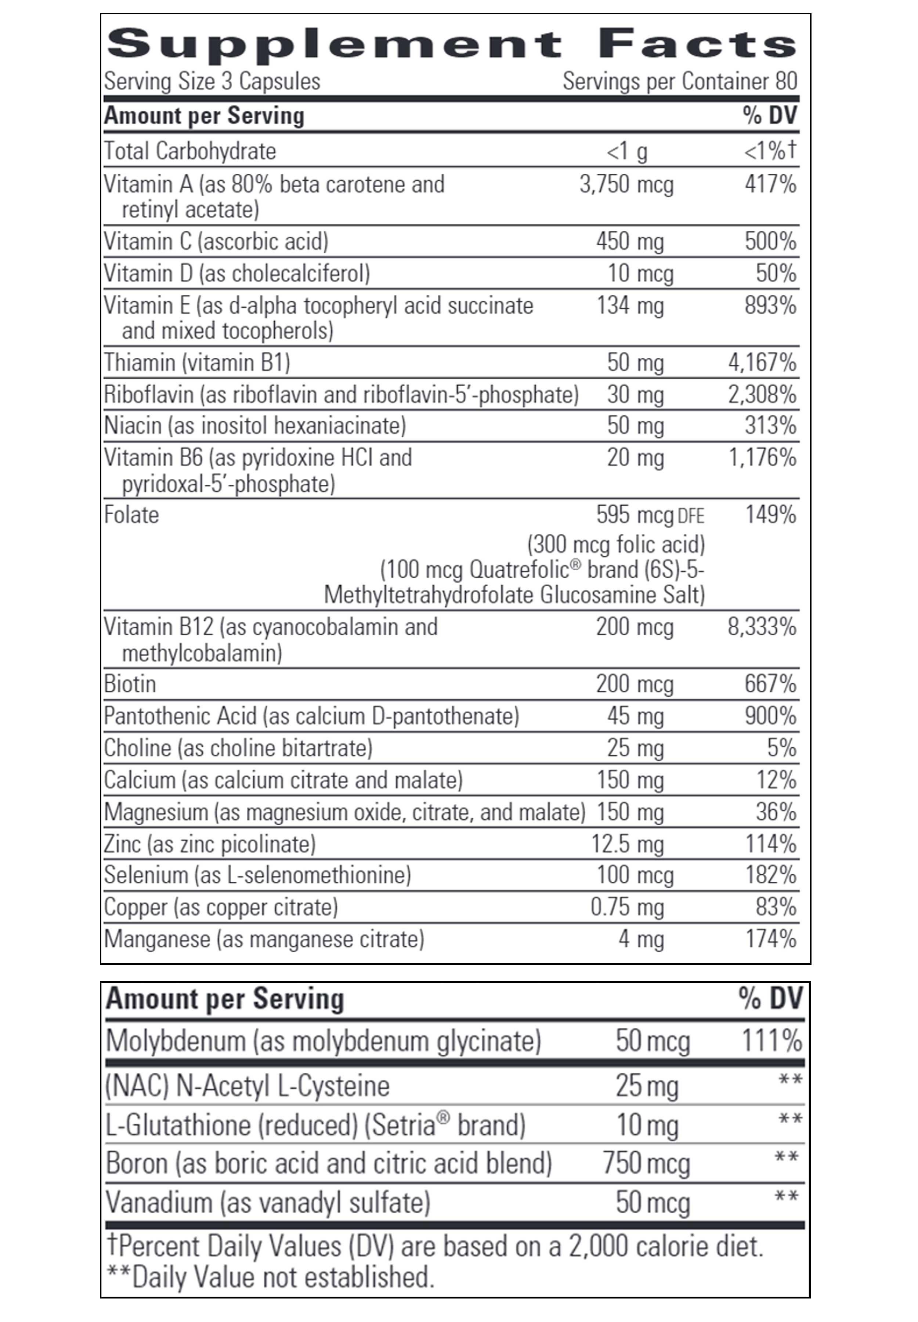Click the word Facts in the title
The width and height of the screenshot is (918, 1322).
tap(697, 44)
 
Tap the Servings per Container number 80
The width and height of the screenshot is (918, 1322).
tap(786, 81)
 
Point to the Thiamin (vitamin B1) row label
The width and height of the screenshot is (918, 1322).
tap(197, 362)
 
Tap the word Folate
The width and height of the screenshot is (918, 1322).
tap(131, 515)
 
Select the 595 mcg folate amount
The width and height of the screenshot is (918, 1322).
tap(635, 515)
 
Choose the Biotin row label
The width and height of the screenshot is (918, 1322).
tap(130, 684)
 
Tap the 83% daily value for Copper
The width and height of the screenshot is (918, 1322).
tap(776, 907)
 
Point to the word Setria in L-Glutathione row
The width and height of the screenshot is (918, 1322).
tap(402, 1125)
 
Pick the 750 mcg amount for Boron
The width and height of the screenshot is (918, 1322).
tap(646, 1163)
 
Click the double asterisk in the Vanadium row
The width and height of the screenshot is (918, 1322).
tap(786, 1197)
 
